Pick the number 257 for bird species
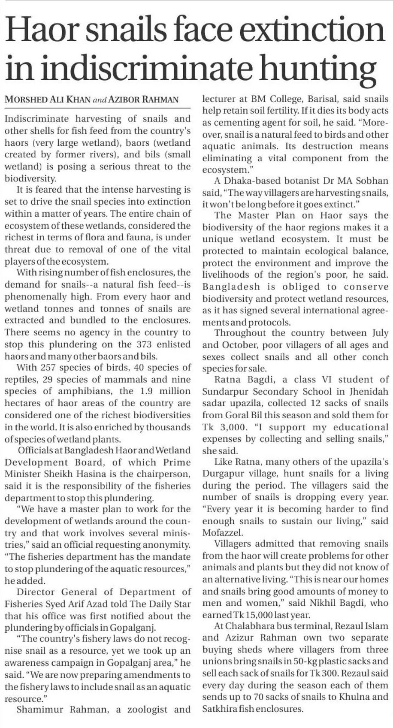48,368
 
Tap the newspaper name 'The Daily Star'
168,604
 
